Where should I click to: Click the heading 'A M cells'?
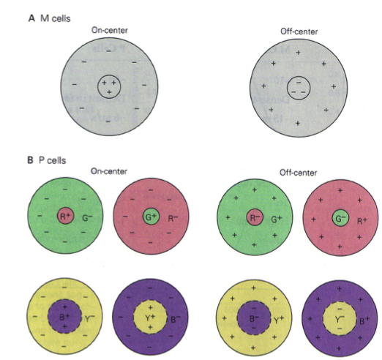(50, 18)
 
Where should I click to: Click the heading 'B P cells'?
(47, 160)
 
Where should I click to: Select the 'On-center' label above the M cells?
(110, 30)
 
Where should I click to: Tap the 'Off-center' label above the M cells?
(299, 31)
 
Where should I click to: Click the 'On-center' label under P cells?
(109, 171)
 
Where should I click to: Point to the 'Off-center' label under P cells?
(298, 173)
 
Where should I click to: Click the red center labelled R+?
(65, 216)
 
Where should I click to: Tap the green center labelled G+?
(151, 217)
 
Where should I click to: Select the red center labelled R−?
(255, 217)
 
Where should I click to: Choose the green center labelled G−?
(340, 218)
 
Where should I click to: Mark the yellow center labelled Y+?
(150, 317)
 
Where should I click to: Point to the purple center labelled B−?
(254, 318)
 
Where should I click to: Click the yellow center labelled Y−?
(340, 318)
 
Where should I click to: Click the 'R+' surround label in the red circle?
(362, 221)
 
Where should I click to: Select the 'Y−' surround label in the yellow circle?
(90, 318)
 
